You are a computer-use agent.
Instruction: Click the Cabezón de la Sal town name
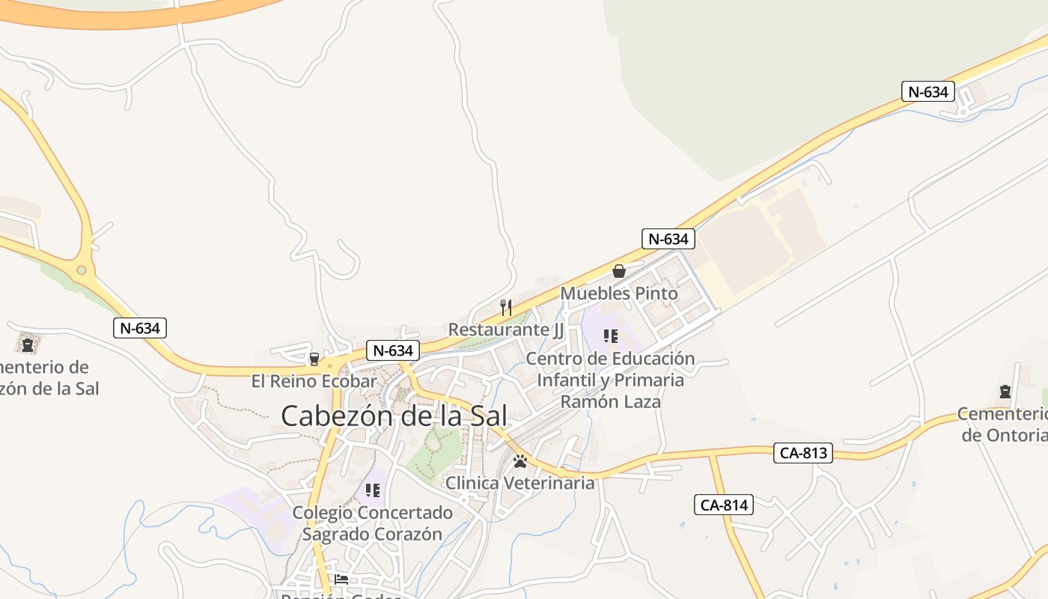394,416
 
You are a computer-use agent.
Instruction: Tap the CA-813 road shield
803,453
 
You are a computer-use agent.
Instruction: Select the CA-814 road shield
724,505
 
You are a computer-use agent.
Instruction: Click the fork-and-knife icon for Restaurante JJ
506,307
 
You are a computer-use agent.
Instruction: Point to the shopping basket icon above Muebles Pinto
619,271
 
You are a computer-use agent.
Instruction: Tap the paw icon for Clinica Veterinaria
520,461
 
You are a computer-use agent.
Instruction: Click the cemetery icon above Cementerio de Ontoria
1005,392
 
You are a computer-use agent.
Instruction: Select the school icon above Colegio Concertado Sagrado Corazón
373,490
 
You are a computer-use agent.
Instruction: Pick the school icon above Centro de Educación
610,336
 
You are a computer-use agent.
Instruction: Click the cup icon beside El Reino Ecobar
314,359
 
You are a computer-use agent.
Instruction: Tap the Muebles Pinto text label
619,294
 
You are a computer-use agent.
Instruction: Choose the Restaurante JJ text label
505,329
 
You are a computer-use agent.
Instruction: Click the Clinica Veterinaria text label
520,483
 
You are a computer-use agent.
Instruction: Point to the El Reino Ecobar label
314,381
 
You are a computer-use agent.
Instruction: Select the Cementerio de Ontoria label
1003,425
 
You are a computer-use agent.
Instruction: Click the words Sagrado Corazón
372,535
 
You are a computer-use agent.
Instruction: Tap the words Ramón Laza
611,401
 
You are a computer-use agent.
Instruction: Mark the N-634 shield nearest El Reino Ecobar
392,350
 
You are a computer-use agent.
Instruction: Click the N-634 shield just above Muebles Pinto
668,239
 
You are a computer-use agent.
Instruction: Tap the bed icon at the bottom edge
341,579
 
